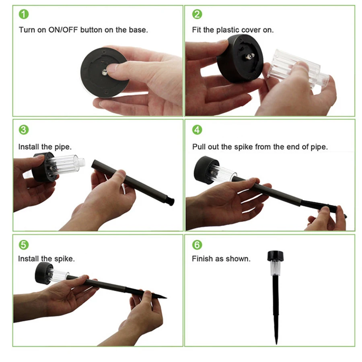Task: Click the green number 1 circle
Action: click(x=24, y=14)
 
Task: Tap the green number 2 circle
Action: click(x=197, y=14)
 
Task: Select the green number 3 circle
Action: click(x=24, y=130)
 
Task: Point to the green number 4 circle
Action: click(x=197, y=130)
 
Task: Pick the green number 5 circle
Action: click(x=24, y=245)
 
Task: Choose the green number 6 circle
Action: click(x=197, y=245)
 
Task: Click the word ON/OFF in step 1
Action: click(x=63, y=30)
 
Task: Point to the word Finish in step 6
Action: click(x=202, y=259)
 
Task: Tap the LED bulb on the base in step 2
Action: click(x=250, y=56)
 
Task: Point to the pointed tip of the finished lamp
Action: click(x=276, y=343)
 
